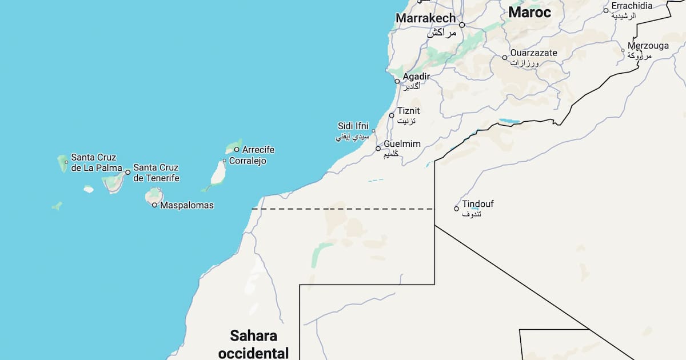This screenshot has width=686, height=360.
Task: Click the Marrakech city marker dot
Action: [x=462, y=25]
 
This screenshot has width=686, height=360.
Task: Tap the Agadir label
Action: [x=416, y=76]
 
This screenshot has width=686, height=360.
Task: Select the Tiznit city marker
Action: [x=392, y=115]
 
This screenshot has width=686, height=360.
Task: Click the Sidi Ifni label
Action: [x=353, y=126]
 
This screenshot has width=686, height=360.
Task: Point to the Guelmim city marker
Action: [x=378, y=149]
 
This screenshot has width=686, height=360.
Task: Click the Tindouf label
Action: [x=478, y=204]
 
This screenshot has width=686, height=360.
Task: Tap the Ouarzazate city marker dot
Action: [x=505, y=57]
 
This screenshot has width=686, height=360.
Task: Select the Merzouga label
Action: [x=648, y=46]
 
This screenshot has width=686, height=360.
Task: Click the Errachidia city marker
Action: [x=606, y=10]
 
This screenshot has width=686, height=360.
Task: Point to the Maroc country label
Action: [x=529, y=12]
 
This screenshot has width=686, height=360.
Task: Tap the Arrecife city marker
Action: [x=237, y=150]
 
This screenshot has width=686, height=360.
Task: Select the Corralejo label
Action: [x=248, y=161]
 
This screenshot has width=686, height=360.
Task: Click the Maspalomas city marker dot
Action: [x=154, y=205]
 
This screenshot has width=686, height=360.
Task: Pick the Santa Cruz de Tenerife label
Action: [x=155, y=173]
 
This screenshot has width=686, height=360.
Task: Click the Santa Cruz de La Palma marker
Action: [x=66, y=162]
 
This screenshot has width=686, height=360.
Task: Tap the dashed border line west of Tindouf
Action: [x=343, y=209]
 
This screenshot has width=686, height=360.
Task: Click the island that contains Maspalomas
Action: [x=153, y=196]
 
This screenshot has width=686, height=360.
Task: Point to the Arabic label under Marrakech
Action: [x=442, y=33]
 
